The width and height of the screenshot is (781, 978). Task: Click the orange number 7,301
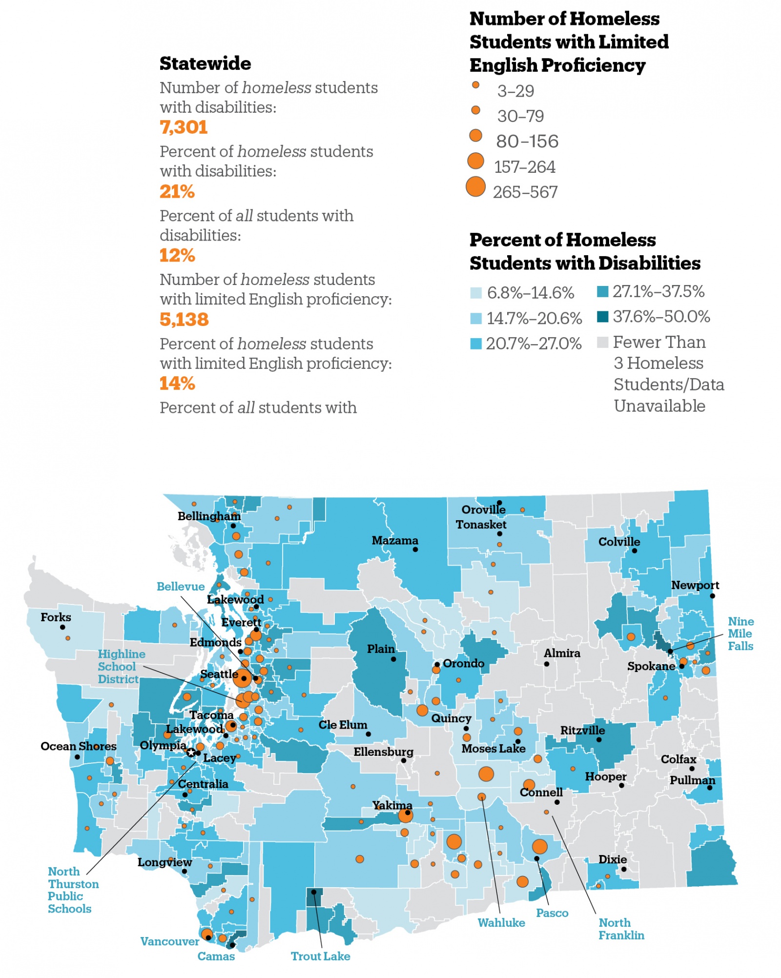(184, 127)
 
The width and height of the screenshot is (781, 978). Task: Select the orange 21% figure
(177, 191)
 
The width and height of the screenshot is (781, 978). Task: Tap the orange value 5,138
(184, 319)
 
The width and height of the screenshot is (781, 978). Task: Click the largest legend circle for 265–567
(475, 186)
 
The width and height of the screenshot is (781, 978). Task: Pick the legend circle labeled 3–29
(475, 85)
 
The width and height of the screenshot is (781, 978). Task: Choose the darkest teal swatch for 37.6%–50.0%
(603, 317)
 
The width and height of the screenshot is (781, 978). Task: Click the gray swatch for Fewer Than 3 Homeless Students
(603, 342)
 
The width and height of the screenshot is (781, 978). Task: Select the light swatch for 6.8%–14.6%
(476, 293)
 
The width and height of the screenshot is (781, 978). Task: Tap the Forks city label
(56, 617)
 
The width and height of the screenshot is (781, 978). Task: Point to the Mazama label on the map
(395, 540)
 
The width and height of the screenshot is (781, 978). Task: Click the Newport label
(695, 585)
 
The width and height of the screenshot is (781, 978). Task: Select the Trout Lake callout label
(320, 956)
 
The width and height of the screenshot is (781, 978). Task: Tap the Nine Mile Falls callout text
(740, 633)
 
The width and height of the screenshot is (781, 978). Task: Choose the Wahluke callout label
(501, 922)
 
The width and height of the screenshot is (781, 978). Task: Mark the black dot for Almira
(547, 664)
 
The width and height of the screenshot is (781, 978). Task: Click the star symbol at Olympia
(191, 753)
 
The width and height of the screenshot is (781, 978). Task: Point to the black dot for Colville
(635, 550)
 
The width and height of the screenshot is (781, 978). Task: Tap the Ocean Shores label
(78, 746)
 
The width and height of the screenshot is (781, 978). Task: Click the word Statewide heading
(205, 63)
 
